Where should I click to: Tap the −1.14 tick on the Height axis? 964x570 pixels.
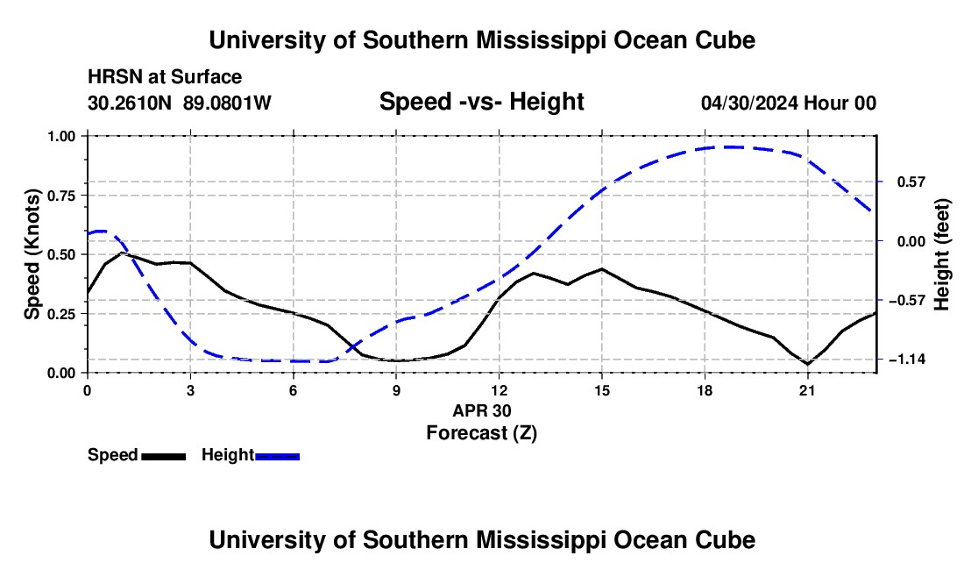tap(907, 359)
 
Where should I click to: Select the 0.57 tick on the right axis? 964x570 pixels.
tap(911, 182)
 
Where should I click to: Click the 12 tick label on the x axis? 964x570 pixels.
tap(500, 390)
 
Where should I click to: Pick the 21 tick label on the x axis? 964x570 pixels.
tap(807, 390)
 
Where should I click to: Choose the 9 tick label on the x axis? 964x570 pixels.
tap(396, 390)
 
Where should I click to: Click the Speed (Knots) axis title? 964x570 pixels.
tap(32, 254)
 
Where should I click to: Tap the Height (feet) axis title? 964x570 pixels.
tap(942, 254)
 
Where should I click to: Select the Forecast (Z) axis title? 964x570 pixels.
tap(481, 433)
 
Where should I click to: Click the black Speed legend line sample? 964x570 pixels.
tap(163, 456)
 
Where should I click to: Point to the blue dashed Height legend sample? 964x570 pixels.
tap(277, 456)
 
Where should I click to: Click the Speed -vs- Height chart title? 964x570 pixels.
tap(481, 102)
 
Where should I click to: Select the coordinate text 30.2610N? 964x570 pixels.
tap(129, 103)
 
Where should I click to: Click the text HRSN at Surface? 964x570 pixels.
tap(165, 77)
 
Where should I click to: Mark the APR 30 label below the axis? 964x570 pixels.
tap(482, 410)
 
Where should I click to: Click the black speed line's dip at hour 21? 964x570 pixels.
tap(807, 363)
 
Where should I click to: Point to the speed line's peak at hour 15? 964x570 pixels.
tap(601, 269)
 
